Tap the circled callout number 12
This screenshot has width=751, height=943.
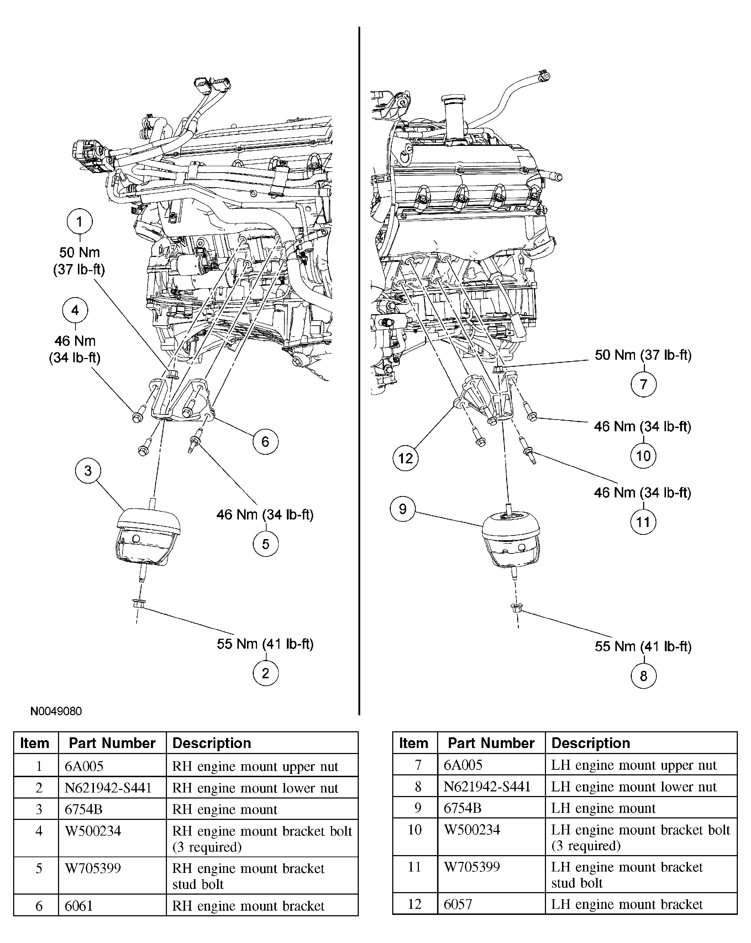click(405, 458)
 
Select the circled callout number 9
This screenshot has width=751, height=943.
click(403, 509)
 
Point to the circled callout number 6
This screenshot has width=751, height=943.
click(265, 442)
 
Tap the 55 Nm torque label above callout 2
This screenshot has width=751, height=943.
click(265, 644)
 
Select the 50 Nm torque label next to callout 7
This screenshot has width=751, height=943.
click(643, 355)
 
